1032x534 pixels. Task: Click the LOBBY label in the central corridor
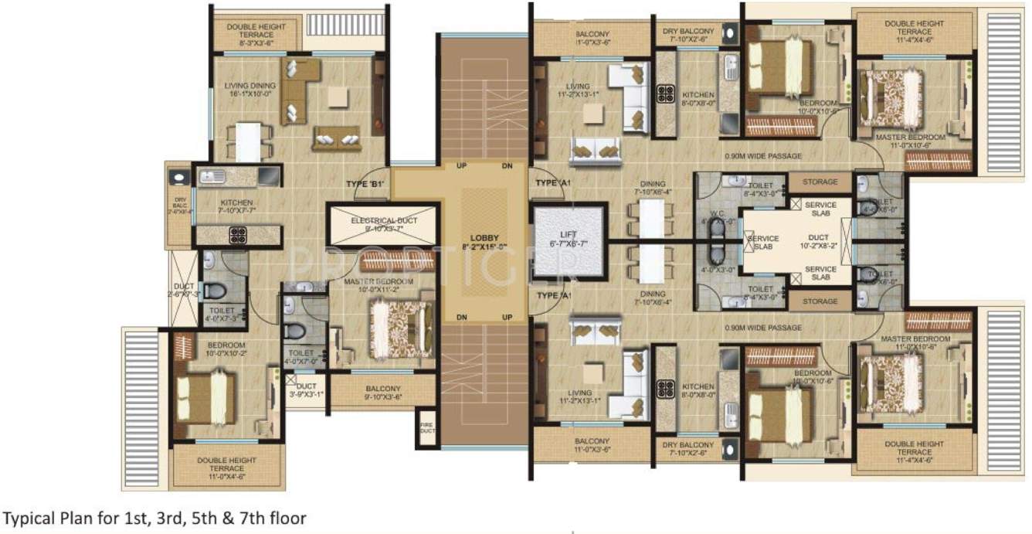coord(484,237)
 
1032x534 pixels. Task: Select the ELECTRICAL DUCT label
coord(383,221)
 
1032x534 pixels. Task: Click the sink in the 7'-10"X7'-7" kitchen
coord(211,177)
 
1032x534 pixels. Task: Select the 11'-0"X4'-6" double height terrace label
coord(221,464)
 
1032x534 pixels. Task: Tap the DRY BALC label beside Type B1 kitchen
coord(179,203)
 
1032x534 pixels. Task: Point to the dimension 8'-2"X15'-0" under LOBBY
coord(484,248)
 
